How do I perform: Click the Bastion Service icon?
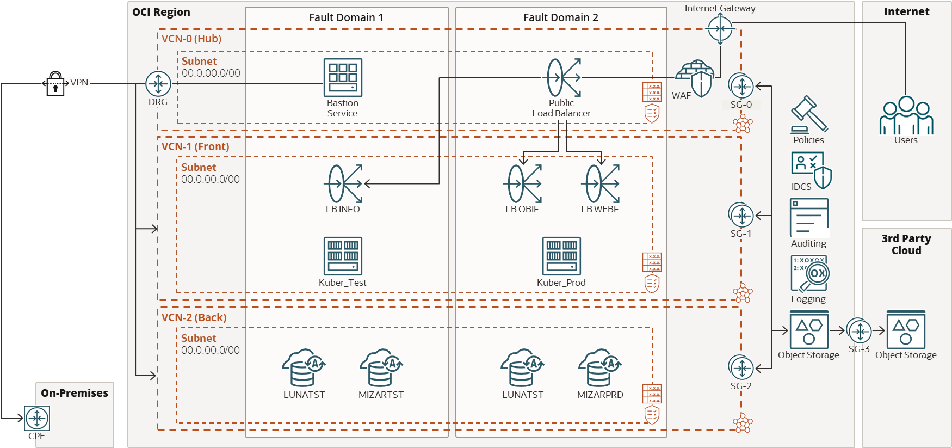click(x=343, y=78)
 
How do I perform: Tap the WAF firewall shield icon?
click(x=695, y=78)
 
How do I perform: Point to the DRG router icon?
click(x=158, y=84)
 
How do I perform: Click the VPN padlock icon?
click(x=55, y=84)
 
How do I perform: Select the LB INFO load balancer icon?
click(x=343, y=184)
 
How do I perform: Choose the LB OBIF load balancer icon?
click(x=522, y=184)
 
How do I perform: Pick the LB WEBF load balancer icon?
click(x=601, y=184)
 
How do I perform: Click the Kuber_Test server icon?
click(x=343, y=256)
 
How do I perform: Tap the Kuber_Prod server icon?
click(x=561, y=256)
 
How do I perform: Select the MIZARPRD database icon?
click(x=600, y=367)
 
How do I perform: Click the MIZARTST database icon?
click(x=381, y=367)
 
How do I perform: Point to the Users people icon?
click(x=906, y=115)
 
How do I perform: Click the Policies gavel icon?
click(x=809, y=114)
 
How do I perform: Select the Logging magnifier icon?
click(x=809, y=274)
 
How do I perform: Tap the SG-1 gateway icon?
click(x=741, y=216)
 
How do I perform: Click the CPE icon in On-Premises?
click(x=37, y=418)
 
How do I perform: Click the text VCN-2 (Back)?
click(x=194, y=317)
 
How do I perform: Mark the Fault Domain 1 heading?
click(x=346, y=17)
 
